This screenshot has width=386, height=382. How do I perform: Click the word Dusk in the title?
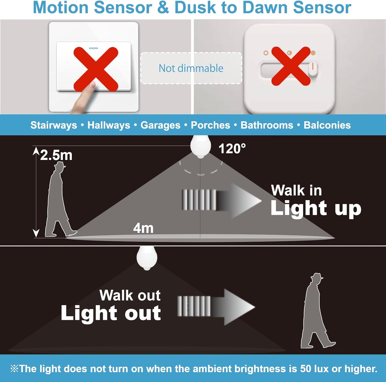pos(195,8)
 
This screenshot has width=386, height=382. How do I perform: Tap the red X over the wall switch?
pos(96,69)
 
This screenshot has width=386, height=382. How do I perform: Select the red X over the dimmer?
pos(291,66)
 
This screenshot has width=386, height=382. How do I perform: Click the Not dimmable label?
pos(191,68)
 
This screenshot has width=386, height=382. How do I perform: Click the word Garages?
pos(160,125)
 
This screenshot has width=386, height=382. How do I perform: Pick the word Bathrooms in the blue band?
pos(267,125)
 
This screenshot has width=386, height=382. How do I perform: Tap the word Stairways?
pos(54,125)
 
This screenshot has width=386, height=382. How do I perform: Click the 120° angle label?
pos(232,149)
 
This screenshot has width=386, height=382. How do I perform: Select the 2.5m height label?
pos(56,155)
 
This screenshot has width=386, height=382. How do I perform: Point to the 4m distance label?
pos(143,228)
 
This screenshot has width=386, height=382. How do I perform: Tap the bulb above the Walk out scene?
pos(147,258)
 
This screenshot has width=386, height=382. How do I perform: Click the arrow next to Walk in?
pos(221,201)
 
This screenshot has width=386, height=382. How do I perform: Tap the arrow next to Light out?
pos(216,307)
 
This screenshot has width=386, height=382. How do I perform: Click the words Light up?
pos(316,208)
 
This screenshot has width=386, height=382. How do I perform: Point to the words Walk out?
pos(130,295)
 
